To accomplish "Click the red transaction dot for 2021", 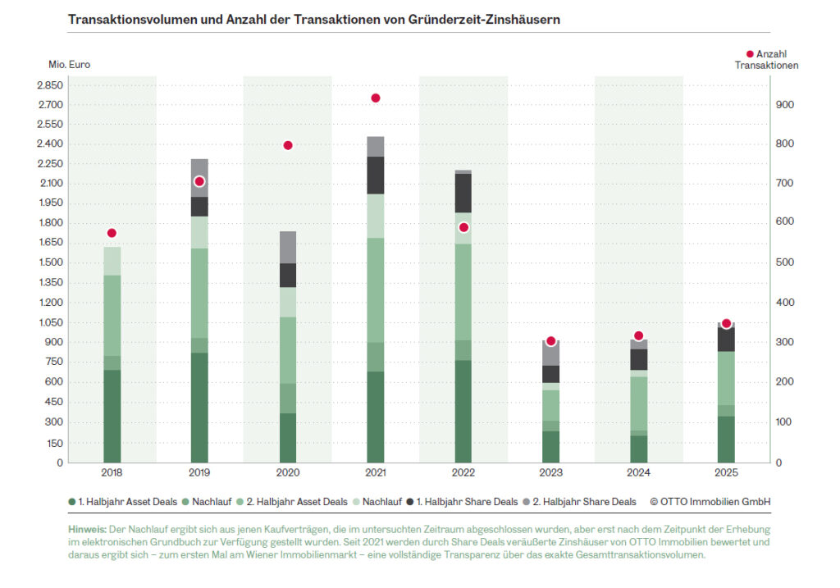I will click(x=376, y=98).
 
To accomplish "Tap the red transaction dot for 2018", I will click(x=112, y=233).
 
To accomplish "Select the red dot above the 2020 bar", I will click(x=288, y=145).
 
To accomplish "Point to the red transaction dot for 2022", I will click(x=463, y=227).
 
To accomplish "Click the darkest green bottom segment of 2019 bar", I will click(x=200, y=408).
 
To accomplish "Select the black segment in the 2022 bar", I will click(x=463, y=193).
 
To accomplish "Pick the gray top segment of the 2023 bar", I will click(x=551, y=353).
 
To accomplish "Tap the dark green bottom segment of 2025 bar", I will click(x=727, y=439).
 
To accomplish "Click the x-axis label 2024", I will click(x=639, y=474).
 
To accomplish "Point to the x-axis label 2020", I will click(x=288, y=474).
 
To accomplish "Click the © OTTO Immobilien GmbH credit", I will click(x=710, y=501).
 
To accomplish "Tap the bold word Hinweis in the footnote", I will click(x=87, y=530).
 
